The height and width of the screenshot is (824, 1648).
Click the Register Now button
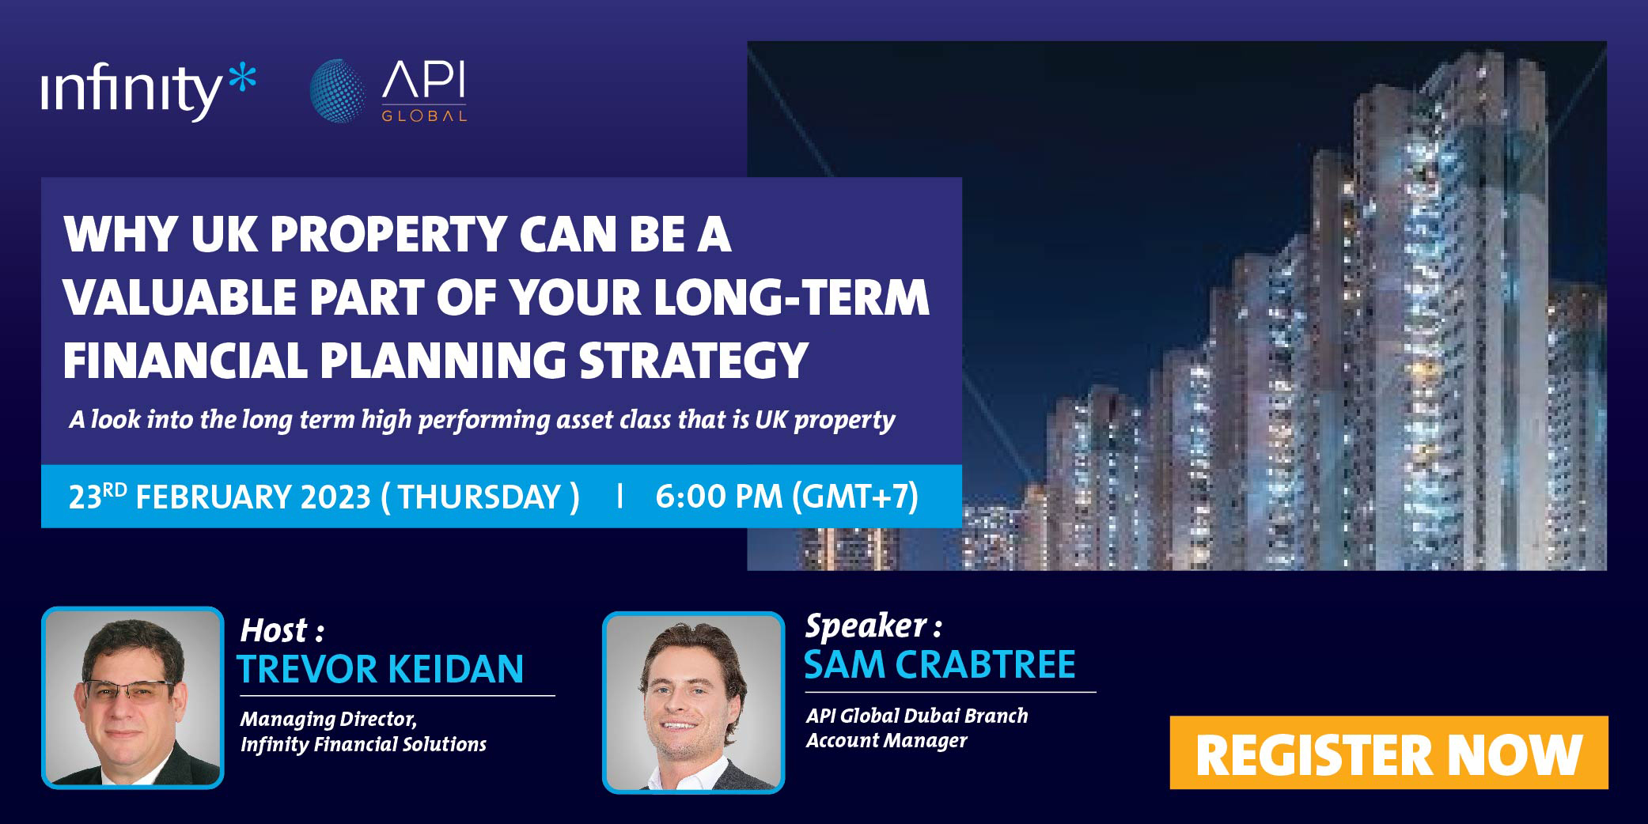point(1388,752)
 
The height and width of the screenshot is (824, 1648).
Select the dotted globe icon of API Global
point(338,90)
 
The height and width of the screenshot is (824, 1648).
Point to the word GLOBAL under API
point(424,115)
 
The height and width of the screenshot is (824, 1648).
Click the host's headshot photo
point(133,697)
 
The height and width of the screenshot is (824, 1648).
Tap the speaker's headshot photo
point(693,702)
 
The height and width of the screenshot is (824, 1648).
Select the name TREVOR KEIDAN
point(381,668)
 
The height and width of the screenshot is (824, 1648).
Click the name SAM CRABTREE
point(939,664)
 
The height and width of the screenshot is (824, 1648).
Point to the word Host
point(273,630)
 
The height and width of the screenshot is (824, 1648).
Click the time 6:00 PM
point(718,497)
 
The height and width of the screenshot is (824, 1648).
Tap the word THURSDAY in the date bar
point(479,497)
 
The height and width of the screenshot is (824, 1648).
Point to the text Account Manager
point(886,741)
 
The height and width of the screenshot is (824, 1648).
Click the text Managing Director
point(328,719)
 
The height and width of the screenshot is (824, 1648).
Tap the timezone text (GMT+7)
point(855,497)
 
